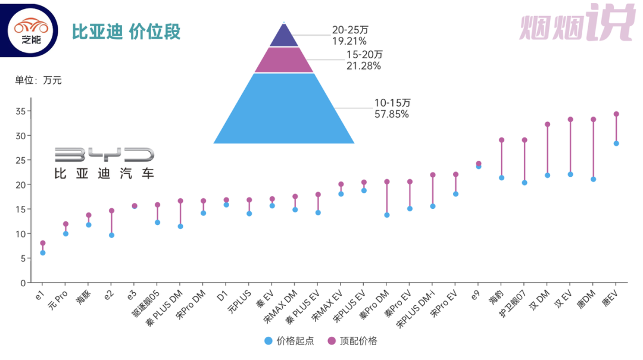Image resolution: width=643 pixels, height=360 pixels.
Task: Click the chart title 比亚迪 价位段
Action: [x=126, y=32]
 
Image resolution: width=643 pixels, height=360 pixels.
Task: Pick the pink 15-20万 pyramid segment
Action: [x=284, y=60]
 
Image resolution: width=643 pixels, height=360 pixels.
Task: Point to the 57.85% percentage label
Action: [x=391, y=114]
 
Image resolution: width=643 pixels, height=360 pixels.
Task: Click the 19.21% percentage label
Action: [x=349, y=42]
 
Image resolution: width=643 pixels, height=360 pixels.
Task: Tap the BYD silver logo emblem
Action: [x=104, y=156]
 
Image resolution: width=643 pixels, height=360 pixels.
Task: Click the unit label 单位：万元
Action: [x=38, y=80]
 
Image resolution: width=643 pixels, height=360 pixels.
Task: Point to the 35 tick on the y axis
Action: [x=20, y=111]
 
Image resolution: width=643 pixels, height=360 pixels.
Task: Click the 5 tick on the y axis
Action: [x=22, y=258]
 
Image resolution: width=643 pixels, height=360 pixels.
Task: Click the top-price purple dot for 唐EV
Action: [x=616, y=114]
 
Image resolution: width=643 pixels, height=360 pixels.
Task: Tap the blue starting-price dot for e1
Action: [x=43, y=253]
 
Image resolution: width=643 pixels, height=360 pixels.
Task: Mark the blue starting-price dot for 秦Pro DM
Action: [x=387, y=215]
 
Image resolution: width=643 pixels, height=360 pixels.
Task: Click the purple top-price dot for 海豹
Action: [x=501, y=140]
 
